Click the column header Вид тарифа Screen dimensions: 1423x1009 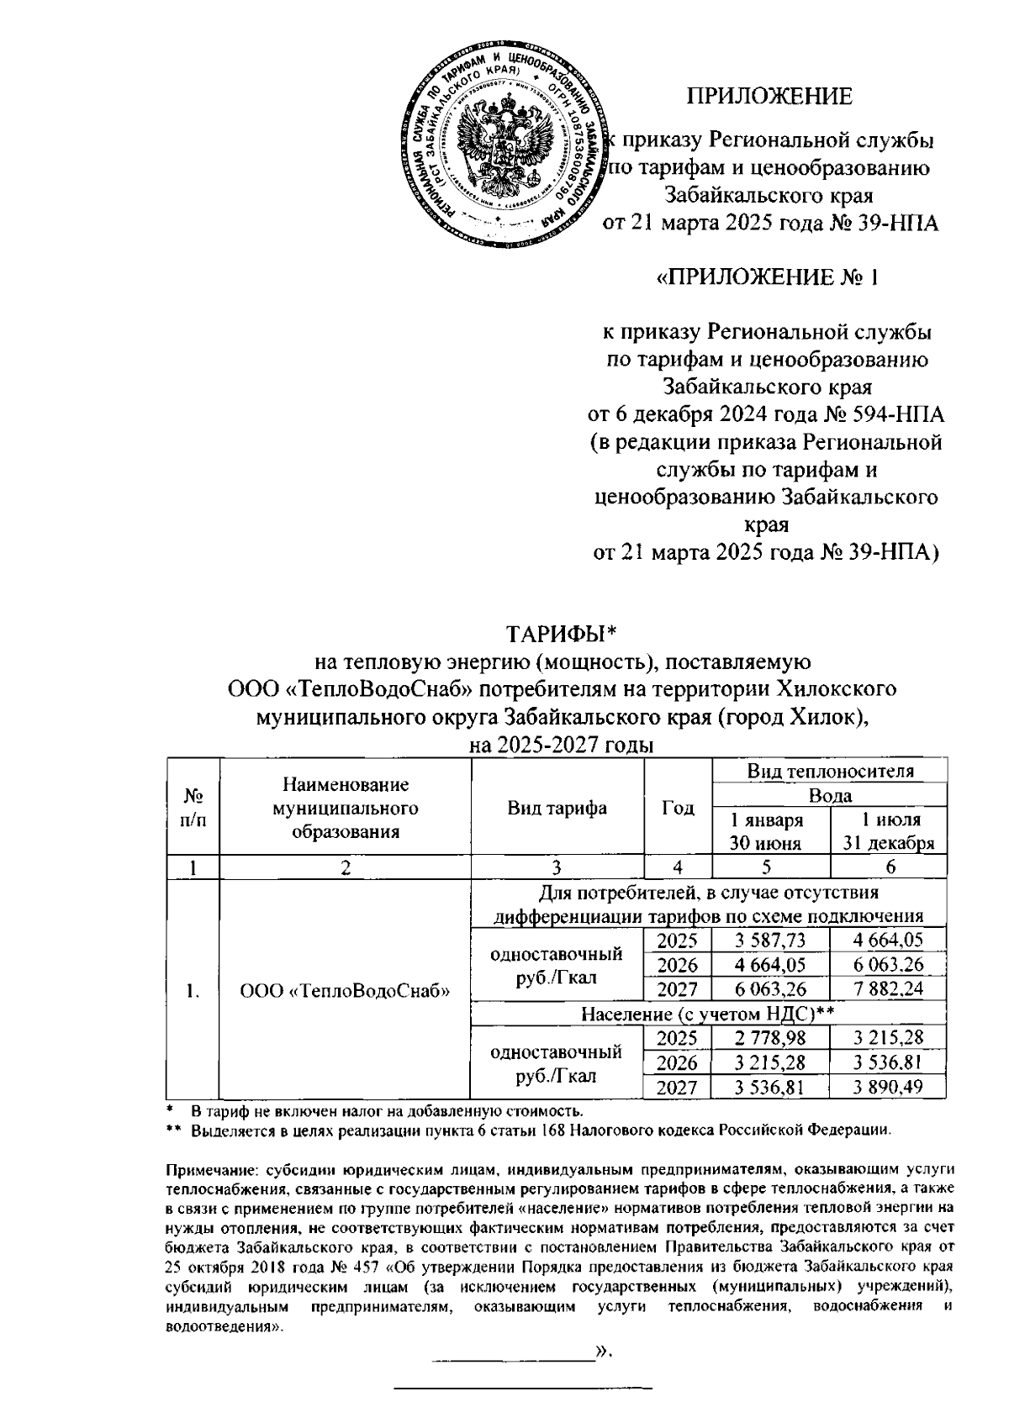point(557,809)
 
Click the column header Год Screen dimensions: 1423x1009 point(678,809)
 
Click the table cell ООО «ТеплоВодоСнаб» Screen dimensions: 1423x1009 point(345,990)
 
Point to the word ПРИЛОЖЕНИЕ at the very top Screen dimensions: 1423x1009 point(769,96)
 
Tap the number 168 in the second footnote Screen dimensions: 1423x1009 point(552,1130)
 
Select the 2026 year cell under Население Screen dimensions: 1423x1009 point(677,1062)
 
